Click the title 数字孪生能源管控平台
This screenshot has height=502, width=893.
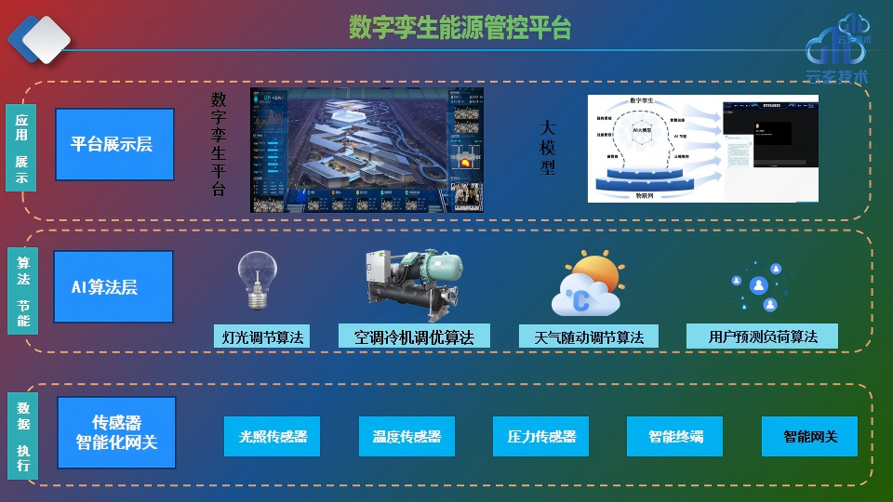point(460,28)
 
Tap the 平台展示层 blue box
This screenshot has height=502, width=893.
point(114,144)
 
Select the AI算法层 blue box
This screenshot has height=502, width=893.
point(113,287)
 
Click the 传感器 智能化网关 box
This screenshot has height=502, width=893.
point(116,432)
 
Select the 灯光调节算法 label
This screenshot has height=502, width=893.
point(261,337)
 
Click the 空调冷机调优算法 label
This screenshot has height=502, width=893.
point(414,337)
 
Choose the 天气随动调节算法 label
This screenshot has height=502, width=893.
point(588,337)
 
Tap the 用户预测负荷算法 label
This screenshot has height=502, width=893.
point(762,337)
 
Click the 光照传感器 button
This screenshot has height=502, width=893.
point(272,436)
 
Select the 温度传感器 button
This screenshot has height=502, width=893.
point(407,436)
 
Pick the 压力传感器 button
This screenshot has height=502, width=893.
point(540,436)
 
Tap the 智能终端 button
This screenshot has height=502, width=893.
point(675,436)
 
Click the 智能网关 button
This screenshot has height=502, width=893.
point(809,436)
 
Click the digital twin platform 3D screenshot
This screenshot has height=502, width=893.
point(367,150)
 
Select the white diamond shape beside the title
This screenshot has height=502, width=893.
point(46,39)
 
